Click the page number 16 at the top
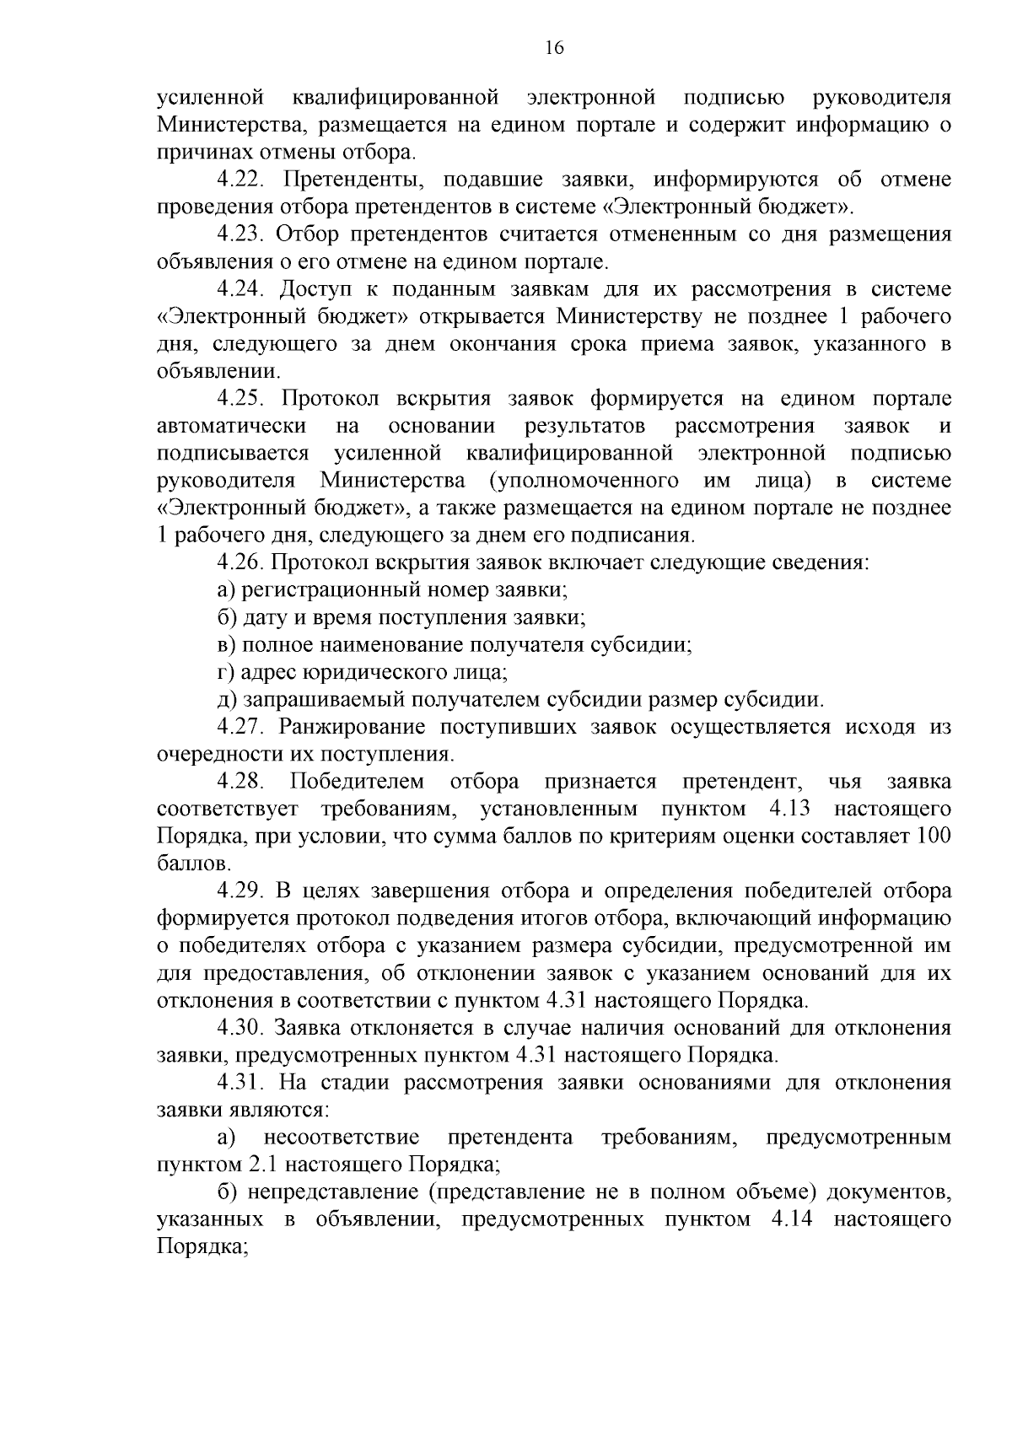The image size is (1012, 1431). coord(554,48)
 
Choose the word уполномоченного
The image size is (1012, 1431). coord(583,481)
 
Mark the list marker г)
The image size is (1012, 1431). coord(225,673)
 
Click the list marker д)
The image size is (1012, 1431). coord(226,700)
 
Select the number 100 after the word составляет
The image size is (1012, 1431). coord(934,837)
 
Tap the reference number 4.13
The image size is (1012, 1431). coord(789,810)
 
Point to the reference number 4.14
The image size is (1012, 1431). coord(790,1220)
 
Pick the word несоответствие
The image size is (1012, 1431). coord(342,1138)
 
